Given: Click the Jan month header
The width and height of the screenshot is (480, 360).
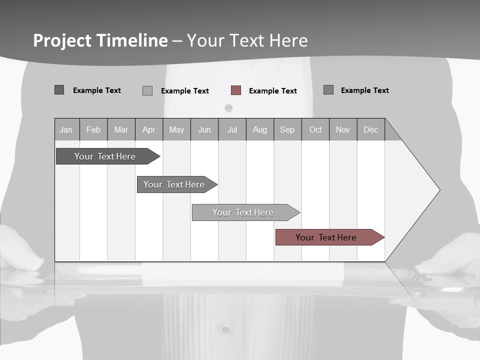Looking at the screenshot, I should click(x=66, y=129).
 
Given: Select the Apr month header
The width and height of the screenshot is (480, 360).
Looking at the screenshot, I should click(x=148, y=129).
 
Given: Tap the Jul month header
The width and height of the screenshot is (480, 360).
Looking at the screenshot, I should click(x=232, y=129).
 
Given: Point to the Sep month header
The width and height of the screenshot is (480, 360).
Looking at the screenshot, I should click(x=287, y=129).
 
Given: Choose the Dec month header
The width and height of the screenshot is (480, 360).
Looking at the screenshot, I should click(x=370, y=129).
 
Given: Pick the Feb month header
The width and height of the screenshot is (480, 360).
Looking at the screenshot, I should click(x=93, y=129).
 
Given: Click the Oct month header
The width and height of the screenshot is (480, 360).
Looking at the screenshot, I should click(x=315, y=129).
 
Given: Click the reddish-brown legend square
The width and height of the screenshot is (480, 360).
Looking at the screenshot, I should click(x=236, y=90).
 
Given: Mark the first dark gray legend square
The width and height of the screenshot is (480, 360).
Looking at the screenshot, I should click(x=59, y=90).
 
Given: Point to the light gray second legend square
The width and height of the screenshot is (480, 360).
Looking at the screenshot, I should click(x=147, y=90).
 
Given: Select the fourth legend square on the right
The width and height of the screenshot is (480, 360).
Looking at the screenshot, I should click(x=328, y=90).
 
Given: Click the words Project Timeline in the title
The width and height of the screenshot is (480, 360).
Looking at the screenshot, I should click(x=100, y=40).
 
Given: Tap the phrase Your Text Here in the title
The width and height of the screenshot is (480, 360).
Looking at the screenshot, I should click(x=247, y=40).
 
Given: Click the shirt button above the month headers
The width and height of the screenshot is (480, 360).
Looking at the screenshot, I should click(x=228, y=108).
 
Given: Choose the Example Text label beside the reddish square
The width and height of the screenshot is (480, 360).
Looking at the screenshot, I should click(x=272, y=91).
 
